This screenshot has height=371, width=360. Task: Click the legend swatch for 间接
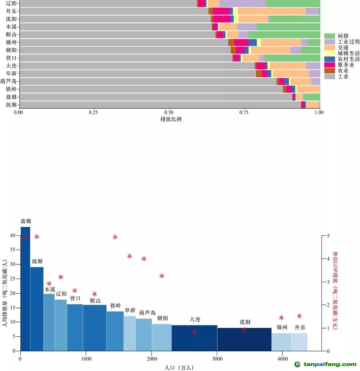coord(329,36)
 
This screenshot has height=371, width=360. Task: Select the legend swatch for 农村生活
coord(329,59)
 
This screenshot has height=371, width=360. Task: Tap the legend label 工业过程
coord(348,42)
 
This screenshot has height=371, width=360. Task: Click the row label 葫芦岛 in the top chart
coord(8,81)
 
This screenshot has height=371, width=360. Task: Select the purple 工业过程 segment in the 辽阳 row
coord(243,3)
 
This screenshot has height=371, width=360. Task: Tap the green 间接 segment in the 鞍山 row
coord(284,34)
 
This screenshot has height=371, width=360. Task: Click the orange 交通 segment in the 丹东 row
coord(272,11)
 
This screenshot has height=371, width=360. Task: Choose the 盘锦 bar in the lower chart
coord(25,289)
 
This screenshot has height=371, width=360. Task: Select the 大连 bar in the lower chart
coord(194,338)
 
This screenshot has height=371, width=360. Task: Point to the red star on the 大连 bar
coord(194,332)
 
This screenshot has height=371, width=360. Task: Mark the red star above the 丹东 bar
coord(299,316)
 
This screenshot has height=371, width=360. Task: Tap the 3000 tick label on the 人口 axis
coord(217,359)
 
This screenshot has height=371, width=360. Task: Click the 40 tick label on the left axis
coord(13,236)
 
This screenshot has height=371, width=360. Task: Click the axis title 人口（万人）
coord(179,367)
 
